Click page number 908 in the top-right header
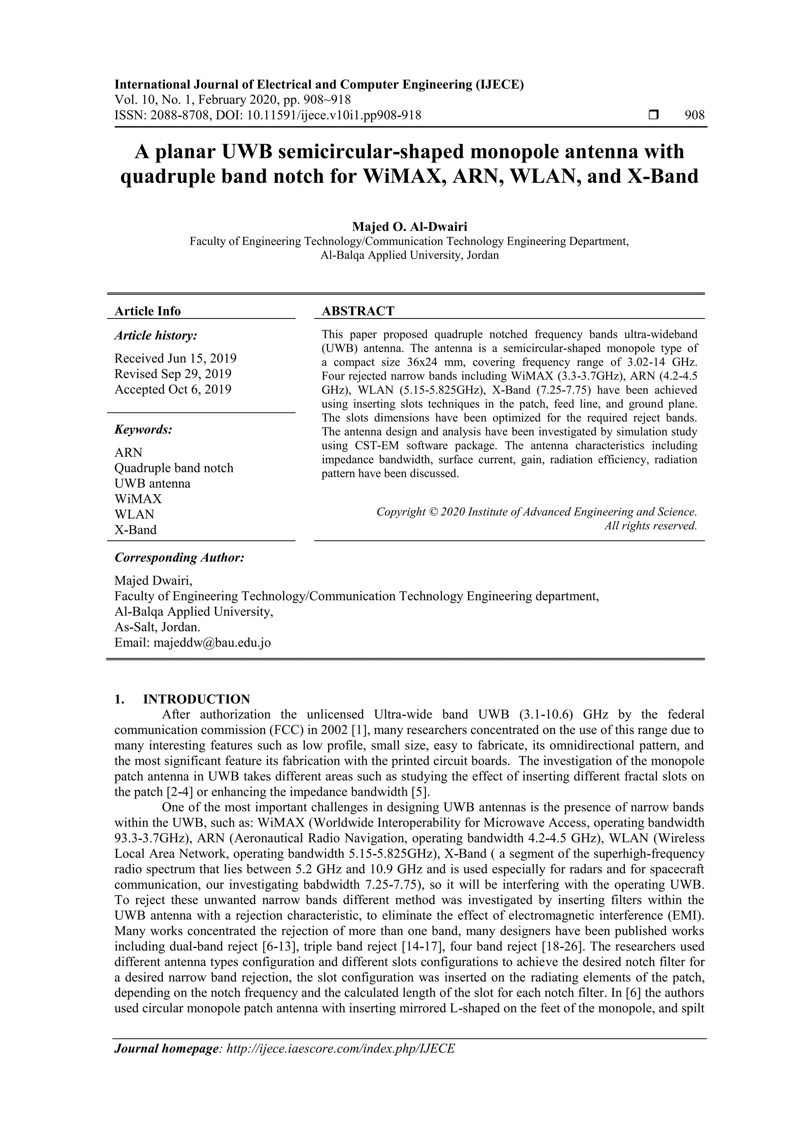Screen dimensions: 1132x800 coord(695,115)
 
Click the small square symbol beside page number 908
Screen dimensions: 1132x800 coord(653,115)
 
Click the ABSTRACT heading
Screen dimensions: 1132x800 coord(358,311)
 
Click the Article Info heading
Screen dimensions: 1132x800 coord(147,311)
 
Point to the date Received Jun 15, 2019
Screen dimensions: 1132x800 coord(175,358)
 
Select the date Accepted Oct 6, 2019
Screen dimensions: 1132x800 coord(173,390)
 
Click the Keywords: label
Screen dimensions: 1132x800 coord(143,429)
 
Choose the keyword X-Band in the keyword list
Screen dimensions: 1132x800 coord(136,530)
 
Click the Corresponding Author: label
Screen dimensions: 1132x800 coord(179,558)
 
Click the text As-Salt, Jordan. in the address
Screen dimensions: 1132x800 coord(157,627)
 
